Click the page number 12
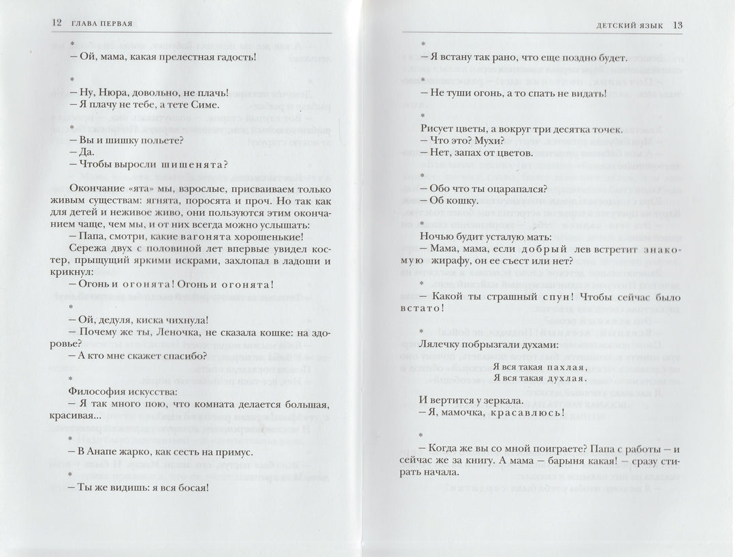pyautogui.click(x=57, y=24)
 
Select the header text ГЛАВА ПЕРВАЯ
pyautogui.click(x=100, y=24)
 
